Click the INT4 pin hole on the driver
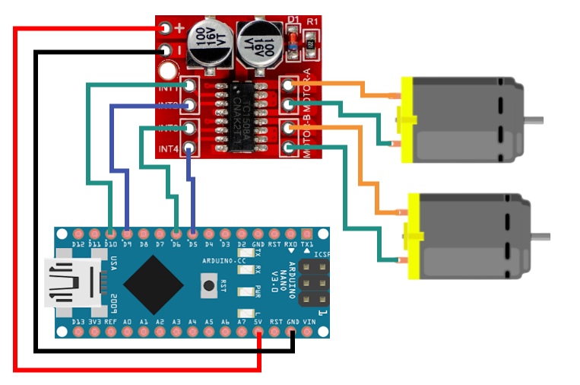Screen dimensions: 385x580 coord(189,147)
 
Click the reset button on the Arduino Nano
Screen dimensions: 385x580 coord(208,286)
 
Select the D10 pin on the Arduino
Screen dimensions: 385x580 coord(111,233)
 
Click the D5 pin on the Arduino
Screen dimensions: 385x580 coord(193,233)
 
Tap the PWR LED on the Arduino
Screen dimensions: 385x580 coord(244,291)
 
